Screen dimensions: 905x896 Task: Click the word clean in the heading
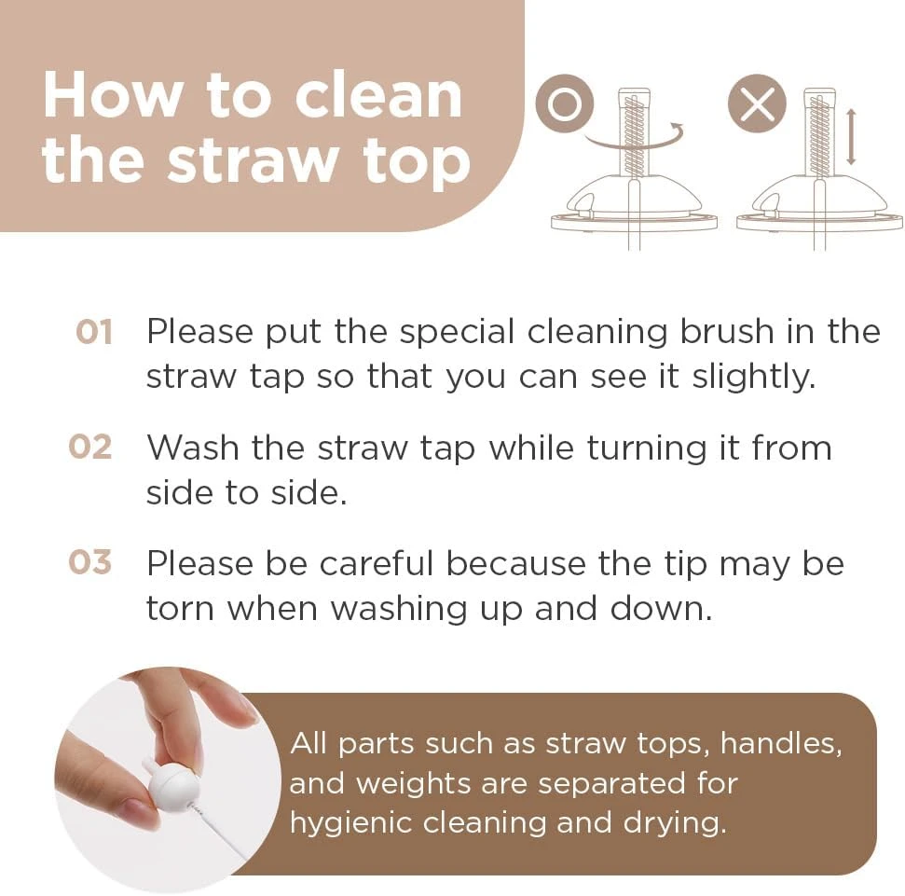point(378,95)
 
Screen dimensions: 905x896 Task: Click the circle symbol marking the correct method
point(565,103)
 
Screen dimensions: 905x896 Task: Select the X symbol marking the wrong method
point(757,103)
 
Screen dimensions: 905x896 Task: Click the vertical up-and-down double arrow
point(851,137)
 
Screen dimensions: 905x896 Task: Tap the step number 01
point(93,333)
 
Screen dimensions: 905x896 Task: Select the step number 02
point(90,448)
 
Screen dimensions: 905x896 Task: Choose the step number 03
point(90,562)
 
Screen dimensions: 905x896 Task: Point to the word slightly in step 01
point(754,378)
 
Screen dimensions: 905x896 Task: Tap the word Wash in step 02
point(193,448)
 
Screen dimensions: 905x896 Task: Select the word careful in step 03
point(377,563)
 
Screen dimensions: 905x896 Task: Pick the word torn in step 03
point(180,609)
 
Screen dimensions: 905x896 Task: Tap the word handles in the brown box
point(781,744)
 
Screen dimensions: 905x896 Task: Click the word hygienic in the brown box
point(350,824)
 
